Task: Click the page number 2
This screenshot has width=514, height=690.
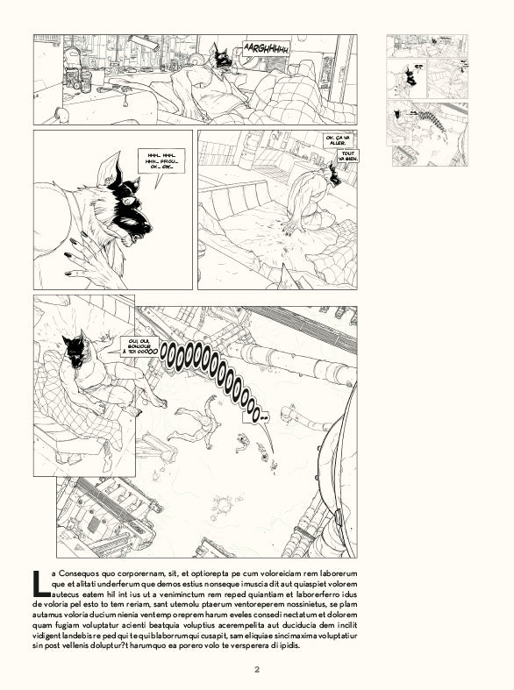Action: pyautogui.click(x=257, y=672)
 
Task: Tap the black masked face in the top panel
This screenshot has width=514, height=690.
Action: pyautogui.click(x=222, y=60)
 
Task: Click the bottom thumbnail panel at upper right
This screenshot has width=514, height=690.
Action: pyautogui.click(x=427, y=134)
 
